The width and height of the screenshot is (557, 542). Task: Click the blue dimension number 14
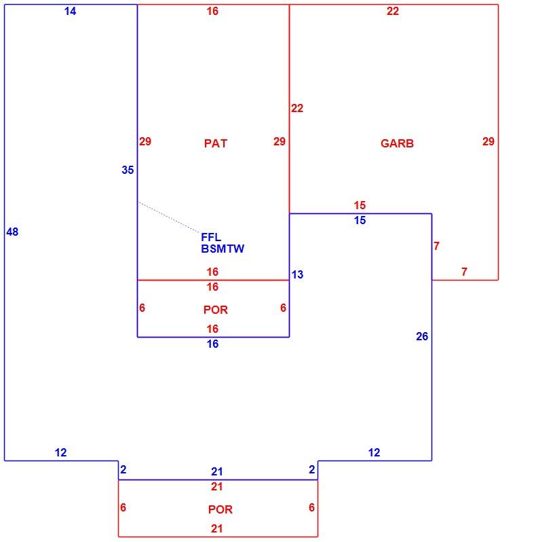pos(70,12)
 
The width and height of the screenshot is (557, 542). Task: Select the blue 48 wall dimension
pos(12,232)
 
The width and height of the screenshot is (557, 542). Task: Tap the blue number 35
pos(128,170)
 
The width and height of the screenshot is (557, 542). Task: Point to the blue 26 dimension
pos(422,336)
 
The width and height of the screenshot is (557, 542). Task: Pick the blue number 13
pos(297,274)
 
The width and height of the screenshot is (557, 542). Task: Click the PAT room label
pos(215,143)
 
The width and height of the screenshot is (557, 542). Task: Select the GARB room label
pos(397,143)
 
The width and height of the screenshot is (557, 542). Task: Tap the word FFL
pos(211,237)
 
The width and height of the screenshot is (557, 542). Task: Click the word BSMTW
pos(223,249)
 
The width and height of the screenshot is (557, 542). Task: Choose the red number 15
pos(360,205)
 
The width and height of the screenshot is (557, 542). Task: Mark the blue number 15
pos(360,220)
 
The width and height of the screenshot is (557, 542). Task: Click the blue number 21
pos(216,471)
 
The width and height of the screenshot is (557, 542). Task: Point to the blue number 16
pos(212,344)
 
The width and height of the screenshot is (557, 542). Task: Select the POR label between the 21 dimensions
pos(220,509)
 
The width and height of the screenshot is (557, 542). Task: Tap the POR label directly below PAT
pos(215,310)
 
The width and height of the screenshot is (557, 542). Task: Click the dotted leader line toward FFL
pos(169,217)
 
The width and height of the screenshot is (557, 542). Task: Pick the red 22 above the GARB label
pos(393,12)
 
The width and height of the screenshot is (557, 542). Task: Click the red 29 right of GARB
pos(488,141)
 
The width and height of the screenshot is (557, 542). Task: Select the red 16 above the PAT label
pos(212,12)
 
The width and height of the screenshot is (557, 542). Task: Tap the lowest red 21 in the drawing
pos(216,529)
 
